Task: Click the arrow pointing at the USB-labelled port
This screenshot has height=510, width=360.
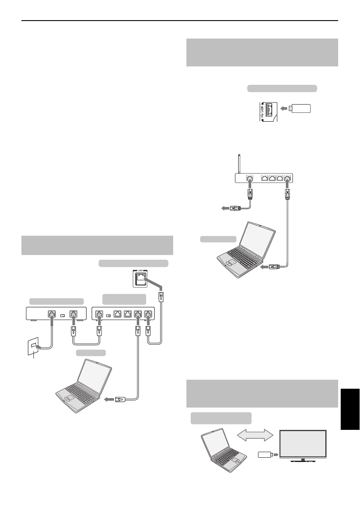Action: pyautogui.click(x=285, y=109)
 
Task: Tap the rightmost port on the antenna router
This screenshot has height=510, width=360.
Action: pyautogui.click(x=287, y=178)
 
